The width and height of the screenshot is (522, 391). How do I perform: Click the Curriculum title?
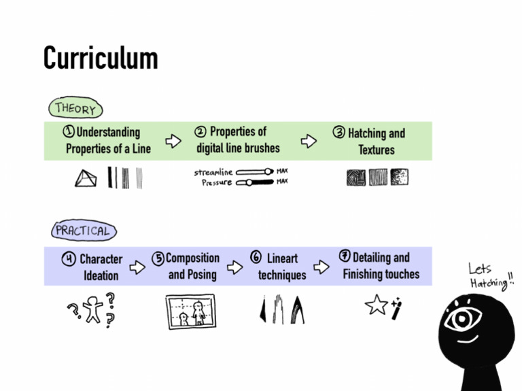(101, 58)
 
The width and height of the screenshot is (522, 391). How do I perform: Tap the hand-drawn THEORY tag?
(75, 108)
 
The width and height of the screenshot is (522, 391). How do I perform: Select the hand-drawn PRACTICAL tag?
(84, 231)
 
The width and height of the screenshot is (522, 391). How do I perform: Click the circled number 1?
(69, 132)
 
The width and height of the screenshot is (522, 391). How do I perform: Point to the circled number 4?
(69, 259)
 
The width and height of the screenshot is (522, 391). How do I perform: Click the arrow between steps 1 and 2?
(174, 141)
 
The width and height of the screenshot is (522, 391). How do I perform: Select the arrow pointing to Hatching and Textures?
(309, 141)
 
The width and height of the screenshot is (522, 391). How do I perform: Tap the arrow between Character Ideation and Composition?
(138, 267)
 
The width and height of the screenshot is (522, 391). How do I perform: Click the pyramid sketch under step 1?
(86, 178)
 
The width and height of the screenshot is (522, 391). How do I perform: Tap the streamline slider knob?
(268, 172)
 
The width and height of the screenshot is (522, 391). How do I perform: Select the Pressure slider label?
(216, 182)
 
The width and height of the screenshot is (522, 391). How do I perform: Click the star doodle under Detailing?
(376, 305)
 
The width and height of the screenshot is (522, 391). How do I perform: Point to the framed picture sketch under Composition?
(190, 311)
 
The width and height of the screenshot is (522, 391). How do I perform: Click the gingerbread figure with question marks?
(93, 310)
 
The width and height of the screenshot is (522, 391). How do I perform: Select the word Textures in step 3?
(376, 150)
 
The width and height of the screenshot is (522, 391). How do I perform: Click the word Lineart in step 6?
(282, 259)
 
